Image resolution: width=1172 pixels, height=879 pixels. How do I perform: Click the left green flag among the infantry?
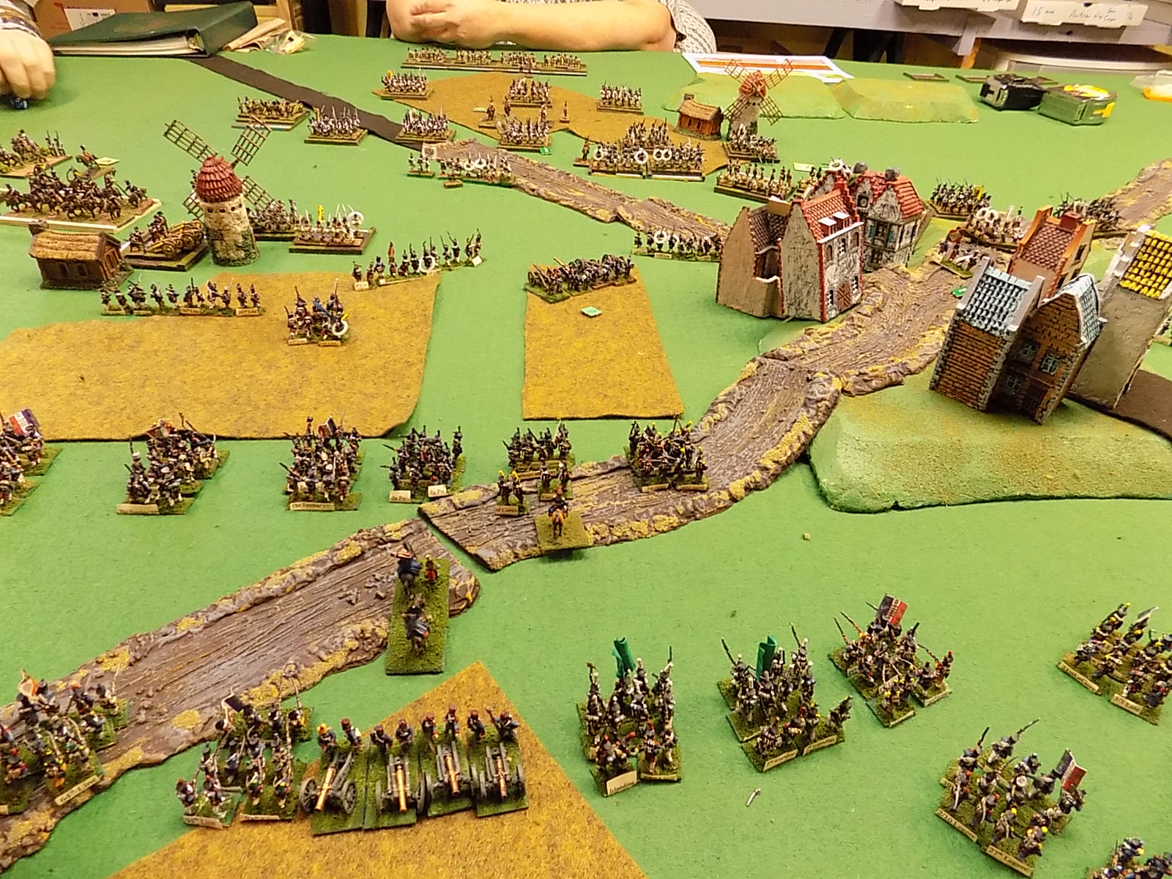pyautogui.click(x=623, y=659)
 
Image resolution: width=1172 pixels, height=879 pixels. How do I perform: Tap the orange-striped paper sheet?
pyautogui.click(x=765, y=65)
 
